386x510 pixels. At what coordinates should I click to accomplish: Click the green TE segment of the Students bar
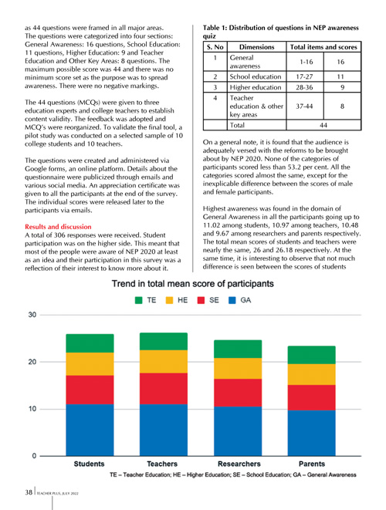coord(90,343)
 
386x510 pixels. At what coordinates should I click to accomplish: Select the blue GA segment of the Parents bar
coord(311,433)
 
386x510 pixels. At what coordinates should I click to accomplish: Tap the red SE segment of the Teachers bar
coord(164,388)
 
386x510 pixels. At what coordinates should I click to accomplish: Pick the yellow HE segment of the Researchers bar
coord(238,368)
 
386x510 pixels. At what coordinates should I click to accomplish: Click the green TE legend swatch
coord(139,300)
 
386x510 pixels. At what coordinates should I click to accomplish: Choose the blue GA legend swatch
coord(232,300)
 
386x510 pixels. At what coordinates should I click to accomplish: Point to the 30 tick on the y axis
coord(32,315)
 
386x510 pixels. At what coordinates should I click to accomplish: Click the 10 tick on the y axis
coord(32,409)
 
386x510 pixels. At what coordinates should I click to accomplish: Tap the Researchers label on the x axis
coord(239,464)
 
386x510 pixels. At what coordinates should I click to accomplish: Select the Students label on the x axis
coord(90,464)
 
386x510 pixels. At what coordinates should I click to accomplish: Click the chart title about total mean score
coord(193,284)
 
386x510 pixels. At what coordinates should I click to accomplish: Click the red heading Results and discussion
coord(58,227)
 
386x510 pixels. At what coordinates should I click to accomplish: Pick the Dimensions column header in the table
coord(257,47)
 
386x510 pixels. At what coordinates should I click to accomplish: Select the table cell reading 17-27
coord(304,76)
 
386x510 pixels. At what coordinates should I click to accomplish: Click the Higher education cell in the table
coord(256,87)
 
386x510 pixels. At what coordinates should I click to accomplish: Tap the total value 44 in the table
coord(323,125)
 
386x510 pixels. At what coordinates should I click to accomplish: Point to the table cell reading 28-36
coord(304,87)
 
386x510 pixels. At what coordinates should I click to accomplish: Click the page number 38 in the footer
coord(29,492)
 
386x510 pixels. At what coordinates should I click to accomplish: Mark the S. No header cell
coord(215,47)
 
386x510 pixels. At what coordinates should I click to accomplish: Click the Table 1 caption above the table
coord(280,32)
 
